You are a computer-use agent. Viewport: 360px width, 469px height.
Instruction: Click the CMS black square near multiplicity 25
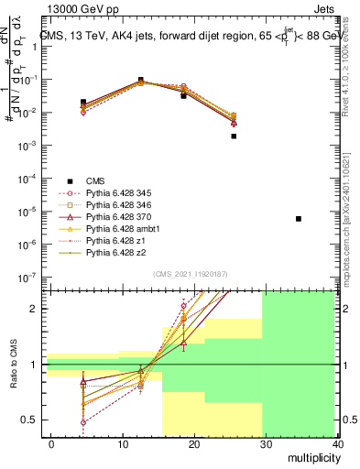[x=234, y=136]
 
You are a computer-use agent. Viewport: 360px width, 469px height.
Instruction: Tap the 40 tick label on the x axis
[x=339, y=444]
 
